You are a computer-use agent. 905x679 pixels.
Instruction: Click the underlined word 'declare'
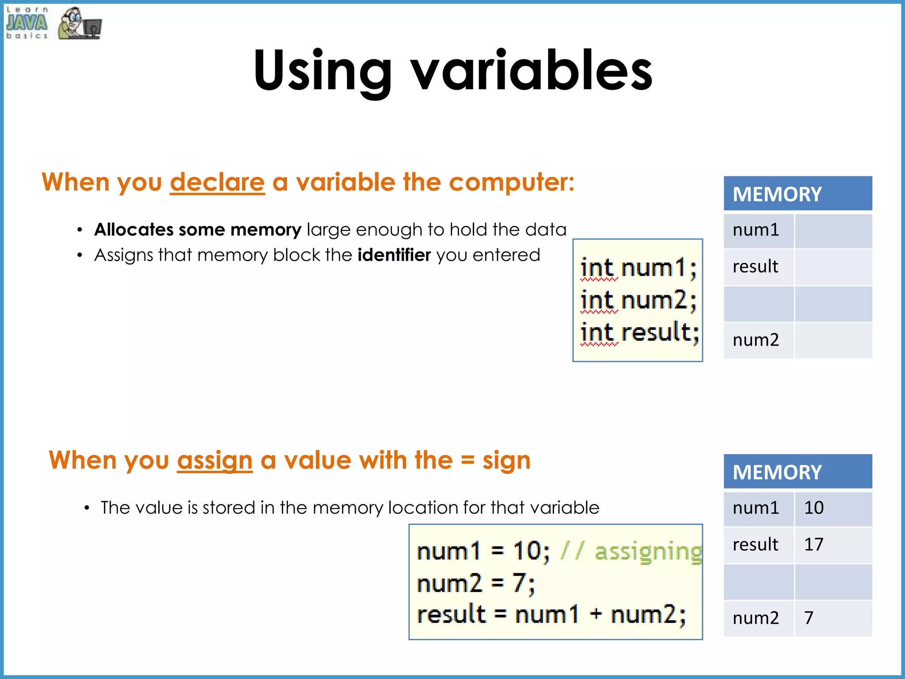click(217, 183)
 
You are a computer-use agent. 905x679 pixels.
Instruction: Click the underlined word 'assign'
click(215, 461)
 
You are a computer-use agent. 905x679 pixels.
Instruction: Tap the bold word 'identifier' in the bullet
click(394, 255)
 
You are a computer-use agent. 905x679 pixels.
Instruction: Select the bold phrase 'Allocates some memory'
click(198, 230)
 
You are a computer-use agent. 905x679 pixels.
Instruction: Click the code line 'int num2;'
click(638, 300)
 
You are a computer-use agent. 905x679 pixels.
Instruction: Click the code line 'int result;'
click(639, 332)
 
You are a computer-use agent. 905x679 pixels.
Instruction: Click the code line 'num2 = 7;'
click(475, 583)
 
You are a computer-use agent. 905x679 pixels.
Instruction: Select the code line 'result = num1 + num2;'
click(551, 615)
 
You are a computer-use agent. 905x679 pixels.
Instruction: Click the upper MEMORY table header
click(797, 194)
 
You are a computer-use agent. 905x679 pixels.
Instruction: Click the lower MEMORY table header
click(797, 472)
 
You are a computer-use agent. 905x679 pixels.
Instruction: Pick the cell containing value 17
click(833, 545)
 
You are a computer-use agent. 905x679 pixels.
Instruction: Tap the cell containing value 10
click(833, 508)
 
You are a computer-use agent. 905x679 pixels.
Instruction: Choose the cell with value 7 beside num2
click(833, 618)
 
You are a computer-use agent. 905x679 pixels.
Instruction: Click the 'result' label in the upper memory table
click(755, 267)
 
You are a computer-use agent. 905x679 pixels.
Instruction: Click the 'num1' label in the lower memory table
click(755, 508)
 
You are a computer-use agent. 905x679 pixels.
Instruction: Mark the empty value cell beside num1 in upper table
click(833, 231)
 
